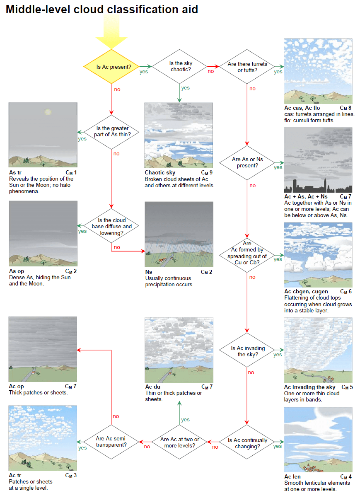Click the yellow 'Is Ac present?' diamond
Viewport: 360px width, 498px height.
coord(111,67)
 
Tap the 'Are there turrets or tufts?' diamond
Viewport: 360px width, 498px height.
coord(247,67)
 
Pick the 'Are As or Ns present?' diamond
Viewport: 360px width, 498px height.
coord(247,162)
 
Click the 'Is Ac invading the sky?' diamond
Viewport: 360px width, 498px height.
coord(248,351)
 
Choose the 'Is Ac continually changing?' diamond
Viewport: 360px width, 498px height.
coord(247,443)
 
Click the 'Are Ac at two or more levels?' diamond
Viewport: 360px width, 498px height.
coord(179,442)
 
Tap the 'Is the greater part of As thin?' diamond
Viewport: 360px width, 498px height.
coord(112,131)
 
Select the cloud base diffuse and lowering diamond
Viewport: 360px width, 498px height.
coord(111,226)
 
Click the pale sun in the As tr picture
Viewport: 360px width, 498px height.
coord(48,112)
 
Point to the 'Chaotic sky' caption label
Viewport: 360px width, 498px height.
coord(160,172)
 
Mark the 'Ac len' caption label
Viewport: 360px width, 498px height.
coord(292,477)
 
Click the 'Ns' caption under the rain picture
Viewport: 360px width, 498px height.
coord(148,272)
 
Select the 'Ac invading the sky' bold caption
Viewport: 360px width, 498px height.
coord(310,387)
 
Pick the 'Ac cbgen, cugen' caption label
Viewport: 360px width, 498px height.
coord(306,292)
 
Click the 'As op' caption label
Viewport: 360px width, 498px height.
coord(17,271)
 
